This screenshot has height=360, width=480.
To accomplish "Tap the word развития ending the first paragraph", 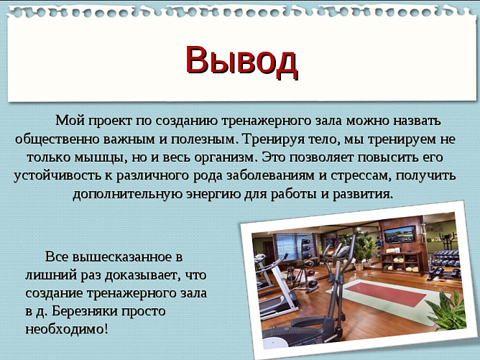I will [364, 194].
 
